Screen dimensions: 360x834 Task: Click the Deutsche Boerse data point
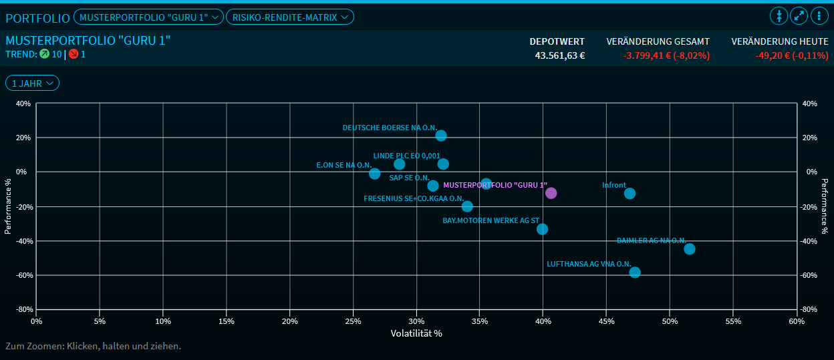[441, 136]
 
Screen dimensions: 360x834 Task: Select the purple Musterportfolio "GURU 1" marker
[551, 193]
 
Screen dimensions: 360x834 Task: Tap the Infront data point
[630, 194]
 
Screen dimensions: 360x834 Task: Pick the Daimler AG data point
[690, 249]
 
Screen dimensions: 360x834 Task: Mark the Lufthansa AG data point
[635, 273]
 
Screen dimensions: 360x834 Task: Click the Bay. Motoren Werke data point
[543, 229]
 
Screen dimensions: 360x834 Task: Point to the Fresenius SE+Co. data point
[467, 206]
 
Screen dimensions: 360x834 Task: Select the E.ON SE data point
[375, 174]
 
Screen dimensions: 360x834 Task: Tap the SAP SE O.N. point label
[409, 178]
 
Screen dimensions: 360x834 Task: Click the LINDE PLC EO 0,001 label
[406, 156]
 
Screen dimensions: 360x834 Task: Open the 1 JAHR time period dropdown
[32, 83]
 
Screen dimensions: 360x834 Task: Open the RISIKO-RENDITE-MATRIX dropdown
[290, 17]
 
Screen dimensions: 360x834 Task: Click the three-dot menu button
[819, 16]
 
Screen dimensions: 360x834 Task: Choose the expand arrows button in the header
[799, 16]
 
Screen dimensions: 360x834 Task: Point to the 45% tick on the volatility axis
[606, 321]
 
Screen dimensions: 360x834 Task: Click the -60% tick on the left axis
[22, 275]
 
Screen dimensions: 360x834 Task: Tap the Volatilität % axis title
[416, 333]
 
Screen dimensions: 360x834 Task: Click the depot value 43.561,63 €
[559, 55]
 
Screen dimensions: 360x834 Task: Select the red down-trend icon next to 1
[74, 54]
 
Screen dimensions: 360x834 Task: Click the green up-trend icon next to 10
[44, 54]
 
